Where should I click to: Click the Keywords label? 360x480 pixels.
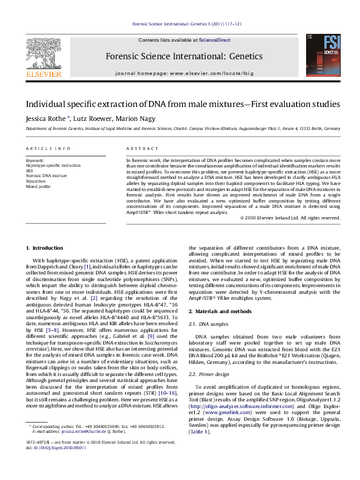pyautogui.click(x=34, y=160)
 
